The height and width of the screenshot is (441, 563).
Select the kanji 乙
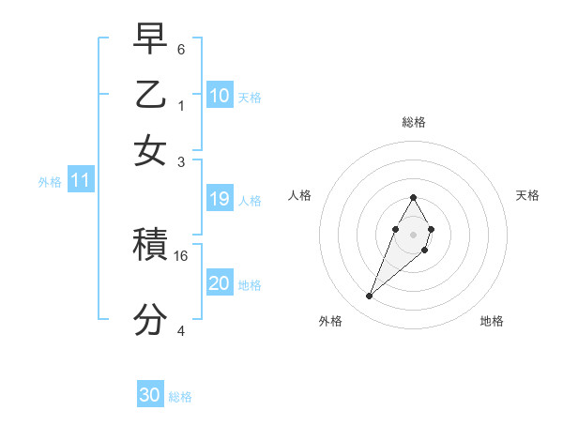[x=150, y=95]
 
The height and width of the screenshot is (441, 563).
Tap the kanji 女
[x=150, y=151]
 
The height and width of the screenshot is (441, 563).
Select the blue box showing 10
[x=220, y=96]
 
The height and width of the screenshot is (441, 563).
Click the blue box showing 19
[x=220, y=199]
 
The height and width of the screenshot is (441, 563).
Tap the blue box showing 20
[x=220, y=283]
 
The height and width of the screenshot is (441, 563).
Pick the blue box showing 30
[x=150, y=395]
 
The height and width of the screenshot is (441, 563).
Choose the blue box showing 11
[x=80, y=181]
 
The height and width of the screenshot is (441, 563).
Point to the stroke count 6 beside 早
[x=180, y=48]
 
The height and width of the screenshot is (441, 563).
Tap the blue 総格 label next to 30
[x=180, y=397]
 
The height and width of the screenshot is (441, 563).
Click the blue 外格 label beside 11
[x=50, y=182]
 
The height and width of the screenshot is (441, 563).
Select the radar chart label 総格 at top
[x=413, y=122]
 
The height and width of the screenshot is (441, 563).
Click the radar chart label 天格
[x=527, y=195]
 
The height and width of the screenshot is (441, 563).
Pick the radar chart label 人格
[x=300, y=195]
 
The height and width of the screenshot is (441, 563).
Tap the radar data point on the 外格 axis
[x=370, y=297]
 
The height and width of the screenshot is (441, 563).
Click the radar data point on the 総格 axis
[x=413, y=197]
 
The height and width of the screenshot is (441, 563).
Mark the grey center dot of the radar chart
[x=413, y=234]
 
